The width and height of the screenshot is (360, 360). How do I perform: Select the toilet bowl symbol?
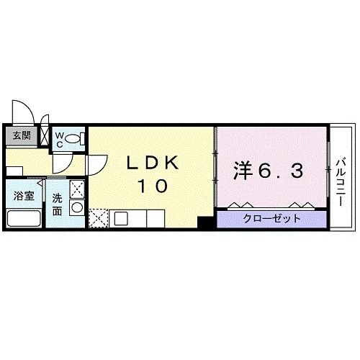73,138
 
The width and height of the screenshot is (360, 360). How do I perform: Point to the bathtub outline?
23,219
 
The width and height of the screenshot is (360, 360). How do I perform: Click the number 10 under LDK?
153,186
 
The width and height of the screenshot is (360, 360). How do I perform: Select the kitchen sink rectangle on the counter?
120,217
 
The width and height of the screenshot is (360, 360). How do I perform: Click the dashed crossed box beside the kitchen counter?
98,217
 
